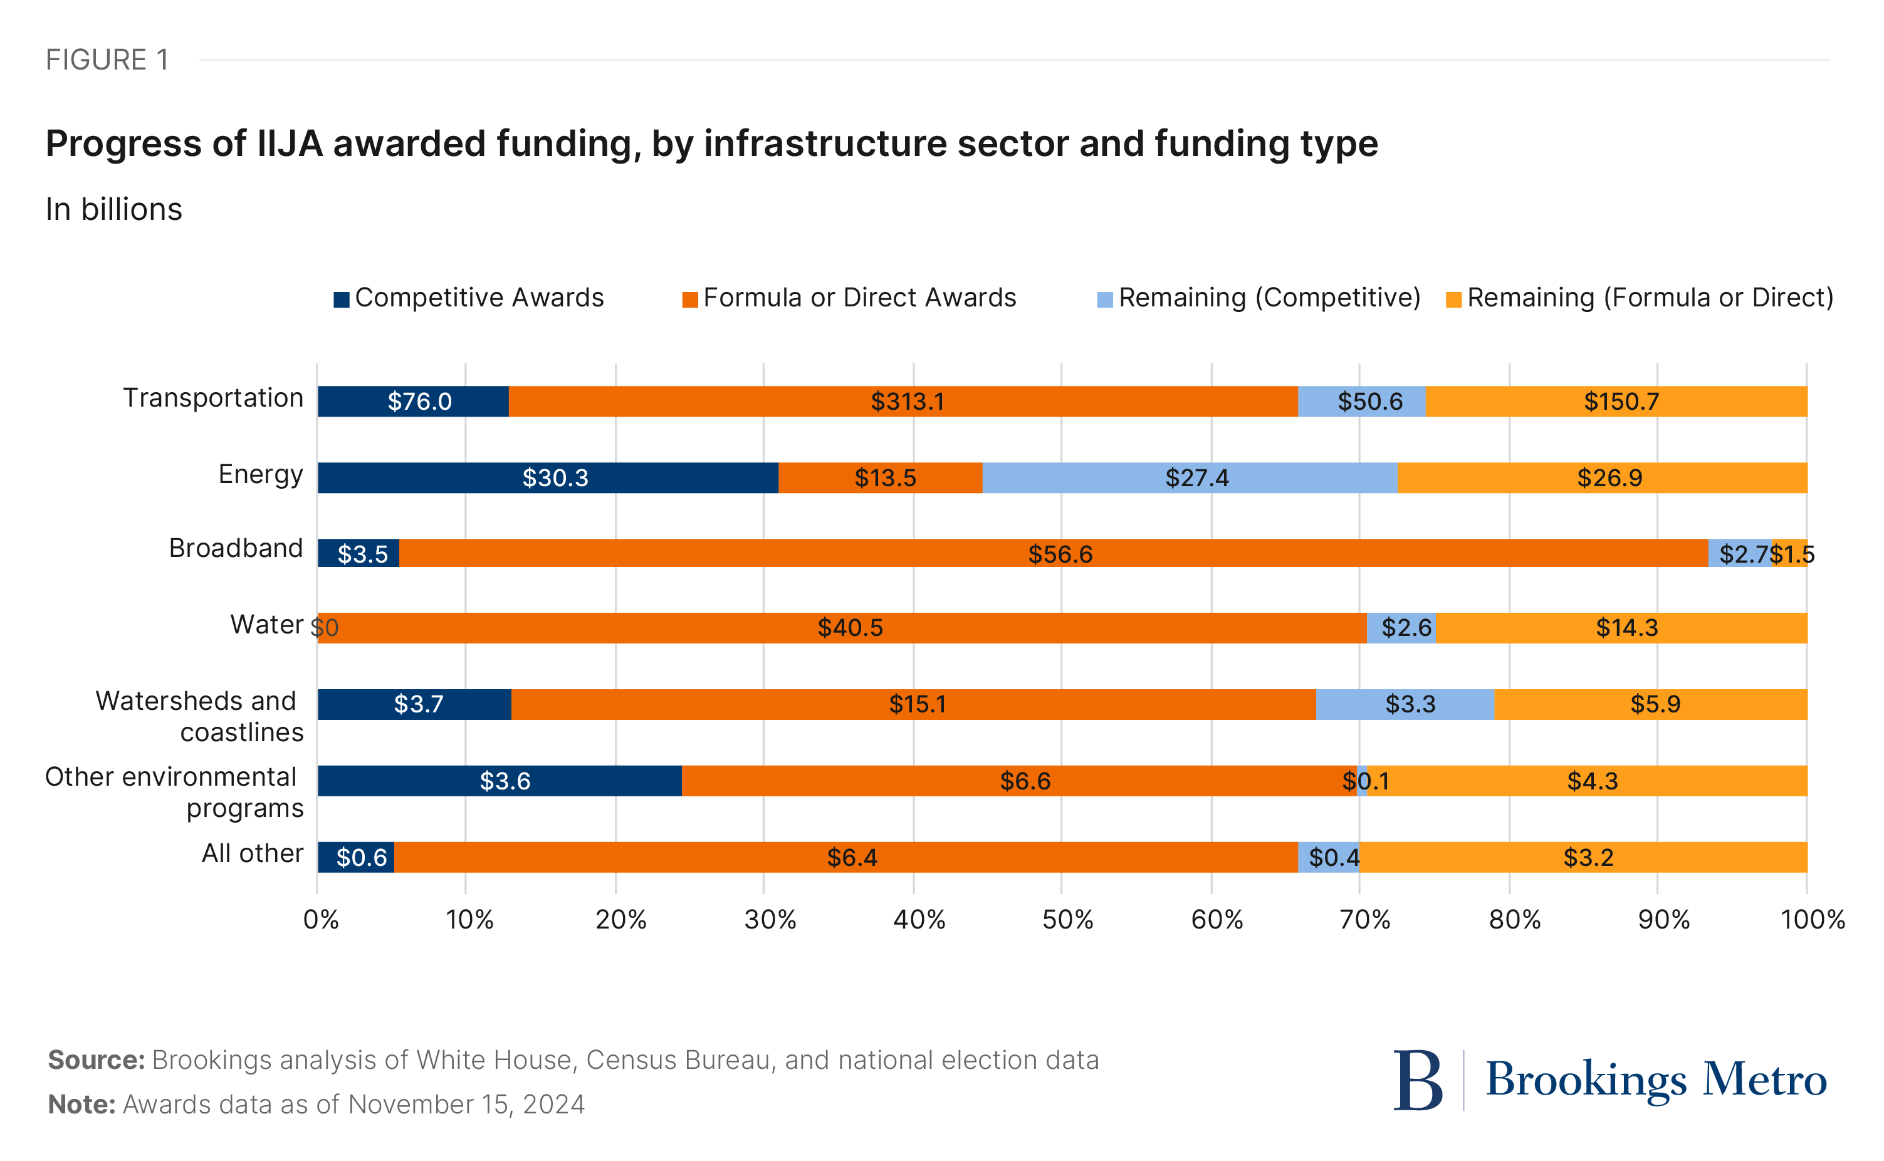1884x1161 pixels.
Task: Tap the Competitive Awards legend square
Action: coord(341,299)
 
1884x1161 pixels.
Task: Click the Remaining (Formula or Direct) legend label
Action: coord(1649,298)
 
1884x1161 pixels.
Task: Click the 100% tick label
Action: coord(1811,920)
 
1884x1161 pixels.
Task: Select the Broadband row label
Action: coord(236,548)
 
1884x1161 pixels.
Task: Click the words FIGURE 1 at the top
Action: coord(107,60)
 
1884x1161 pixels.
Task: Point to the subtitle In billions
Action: coord(113,210)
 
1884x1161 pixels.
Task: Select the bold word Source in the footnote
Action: coord(96,1060)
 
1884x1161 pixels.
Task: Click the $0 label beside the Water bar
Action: coord(325,628)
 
